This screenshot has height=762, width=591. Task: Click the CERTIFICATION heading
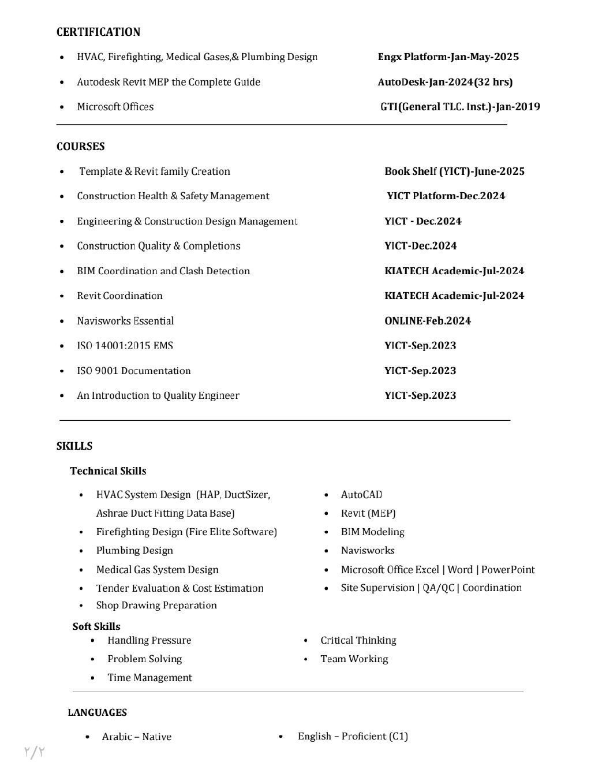[x=98, y=32]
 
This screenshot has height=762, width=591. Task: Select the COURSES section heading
[x=81, y=146]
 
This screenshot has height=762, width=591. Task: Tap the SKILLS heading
[x=74, y=446]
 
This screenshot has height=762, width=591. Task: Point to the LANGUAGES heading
[x=97, y=712]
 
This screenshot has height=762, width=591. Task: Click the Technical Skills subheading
[x=108, y=470]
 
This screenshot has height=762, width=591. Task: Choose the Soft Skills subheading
[x=96, y=626]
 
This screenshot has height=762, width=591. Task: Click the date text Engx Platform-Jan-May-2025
[x=448, y=57]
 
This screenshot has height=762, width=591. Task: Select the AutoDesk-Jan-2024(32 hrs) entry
[x=445, y=82]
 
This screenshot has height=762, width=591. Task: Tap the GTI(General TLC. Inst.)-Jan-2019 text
[x=460, y=106]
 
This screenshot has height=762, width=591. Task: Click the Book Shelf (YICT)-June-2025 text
[x=454, y=171]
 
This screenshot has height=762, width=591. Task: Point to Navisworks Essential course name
[x=125, y=320]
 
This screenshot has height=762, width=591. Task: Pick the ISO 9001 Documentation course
[x=133, y=371]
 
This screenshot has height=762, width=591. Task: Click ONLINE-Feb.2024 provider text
[x=427, y=320]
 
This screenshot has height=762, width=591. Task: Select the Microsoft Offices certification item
[x=115, y=106]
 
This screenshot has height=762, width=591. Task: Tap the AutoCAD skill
[x=361, y=494]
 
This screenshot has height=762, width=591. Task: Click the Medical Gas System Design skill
[x=157, y=569]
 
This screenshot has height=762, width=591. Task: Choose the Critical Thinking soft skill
[x=358, y=640]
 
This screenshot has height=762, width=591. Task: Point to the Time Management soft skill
[x=149, y=677]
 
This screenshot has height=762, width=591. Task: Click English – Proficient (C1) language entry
[x=353, y=735]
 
